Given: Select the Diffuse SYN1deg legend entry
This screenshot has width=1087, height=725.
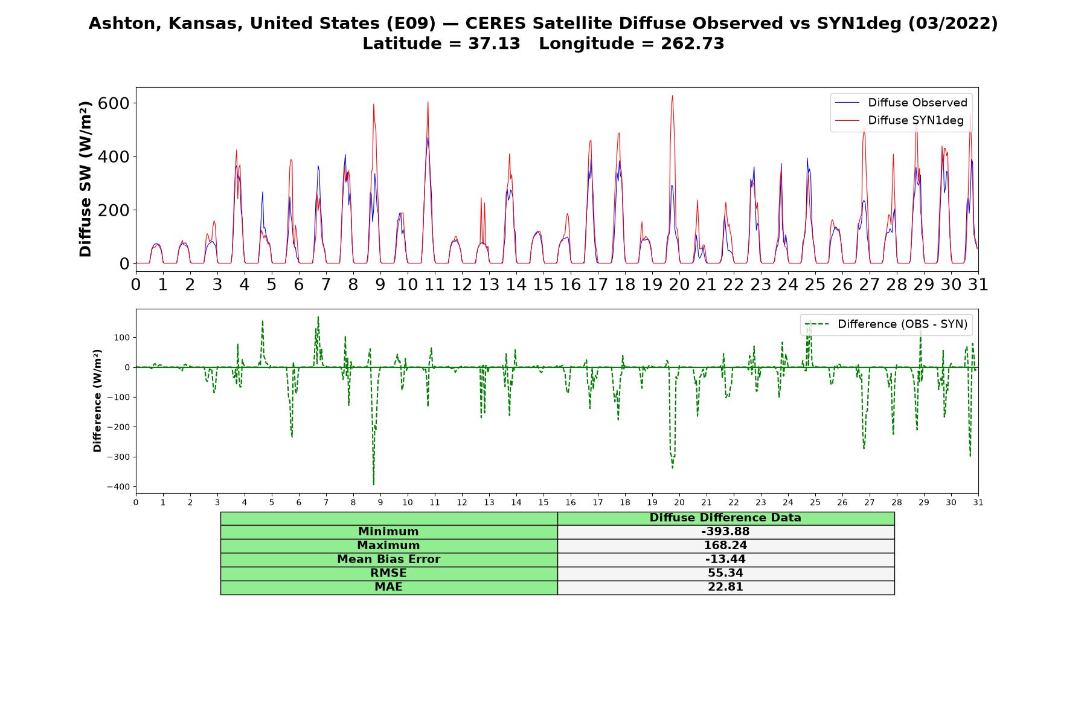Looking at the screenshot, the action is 899,120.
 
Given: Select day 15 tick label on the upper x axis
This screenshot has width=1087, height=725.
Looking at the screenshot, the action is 543,285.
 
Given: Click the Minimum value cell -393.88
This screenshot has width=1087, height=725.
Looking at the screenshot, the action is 725,532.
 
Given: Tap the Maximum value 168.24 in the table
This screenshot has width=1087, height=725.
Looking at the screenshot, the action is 725,546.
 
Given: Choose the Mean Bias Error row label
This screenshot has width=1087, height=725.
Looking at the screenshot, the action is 388,559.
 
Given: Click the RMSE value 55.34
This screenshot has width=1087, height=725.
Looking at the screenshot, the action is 725,573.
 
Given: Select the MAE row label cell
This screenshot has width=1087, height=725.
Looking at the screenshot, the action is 388,587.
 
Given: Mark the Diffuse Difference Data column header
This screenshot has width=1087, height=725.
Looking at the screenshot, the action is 725,518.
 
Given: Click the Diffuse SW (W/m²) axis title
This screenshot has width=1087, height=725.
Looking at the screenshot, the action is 86,179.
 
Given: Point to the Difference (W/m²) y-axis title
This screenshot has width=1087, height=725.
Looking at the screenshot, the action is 97,401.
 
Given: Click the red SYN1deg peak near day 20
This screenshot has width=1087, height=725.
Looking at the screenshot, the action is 672,95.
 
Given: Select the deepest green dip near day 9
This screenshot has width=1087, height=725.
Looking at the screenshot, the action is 373,484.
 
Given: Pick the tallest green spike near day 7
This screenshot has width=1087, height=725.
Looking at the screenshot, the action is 318,317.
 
